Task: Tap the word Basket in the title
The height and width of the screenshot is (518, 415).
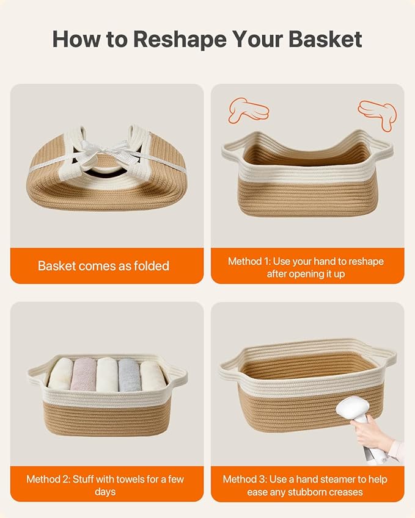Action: [325, 39]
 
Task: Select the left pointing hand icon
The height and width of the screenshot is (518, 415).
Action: [248, 110]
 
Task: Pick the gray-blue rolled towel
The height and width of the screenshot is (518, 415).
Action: [130, 375]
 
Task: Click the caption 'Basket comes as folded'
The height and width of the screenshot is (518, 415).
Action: [103, 266]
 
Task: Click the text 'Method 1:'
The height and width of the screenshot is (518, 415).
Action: [249, 261]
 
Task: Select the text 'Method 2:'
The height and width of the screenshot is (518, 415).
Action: [48, 479]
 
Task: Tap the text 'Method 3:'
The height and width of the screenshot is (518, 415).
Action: [244, 479]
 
